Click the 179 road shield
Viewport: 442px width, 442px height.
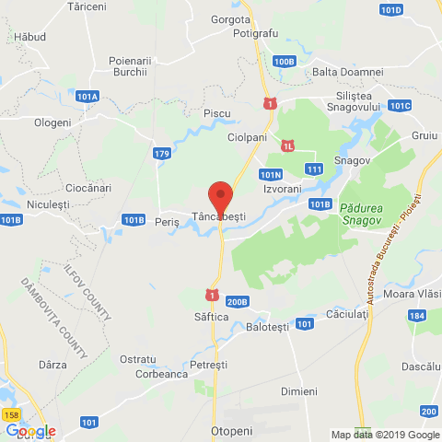point(162,153)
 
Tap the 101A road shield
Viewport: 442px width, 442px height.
point(88,96)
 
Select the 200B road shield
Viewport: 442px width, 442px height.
point(237,300)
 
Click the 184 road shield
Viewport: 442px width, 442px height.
point(418,316)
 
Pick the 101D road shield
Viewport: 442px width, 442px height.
point(390,9)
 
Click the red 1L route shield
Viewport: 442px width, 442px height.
point(288,145)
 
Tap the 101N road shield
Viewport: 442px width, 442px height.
point(270,173)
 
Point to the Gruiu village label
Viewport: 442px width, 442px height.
point(425,134)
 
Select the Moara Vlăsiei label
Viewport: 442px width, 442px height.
point(411,293)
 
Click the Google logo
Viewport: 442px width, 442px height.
point(30,430)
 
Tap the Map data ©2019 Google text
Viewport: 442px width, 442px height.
point(386,435)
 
